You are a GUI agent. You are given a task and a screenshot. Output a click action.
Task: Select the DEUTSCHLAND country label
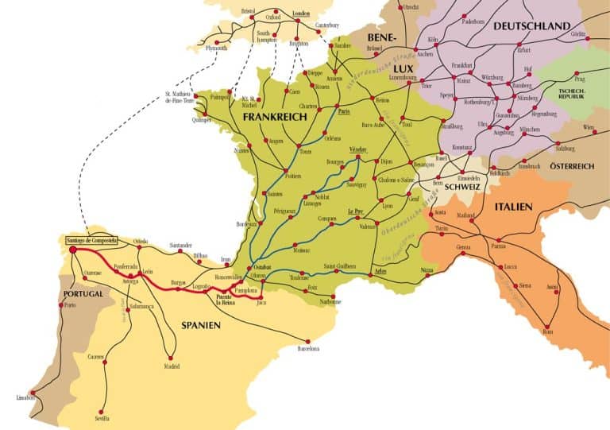[531, 26]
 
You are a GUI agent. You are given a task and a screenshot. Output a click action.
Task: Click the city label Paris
[344, 112]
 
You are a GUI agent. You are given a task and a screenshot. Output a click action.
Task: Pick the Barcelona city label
[308, 348]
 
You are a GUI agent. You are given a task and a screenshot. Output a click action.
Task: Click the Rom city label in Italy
[547, 333]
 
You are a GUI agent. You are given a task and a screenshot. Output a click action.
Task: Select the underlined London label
[300, 14]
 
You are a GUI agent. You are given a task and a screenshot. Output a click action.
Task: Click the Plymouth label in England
[216, 48]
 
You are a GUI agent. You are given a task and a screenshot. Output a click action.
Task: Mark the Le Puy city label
[355, 211]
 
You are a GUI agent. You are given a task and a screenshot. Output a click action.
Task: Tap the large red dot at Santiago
[73, 250]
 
